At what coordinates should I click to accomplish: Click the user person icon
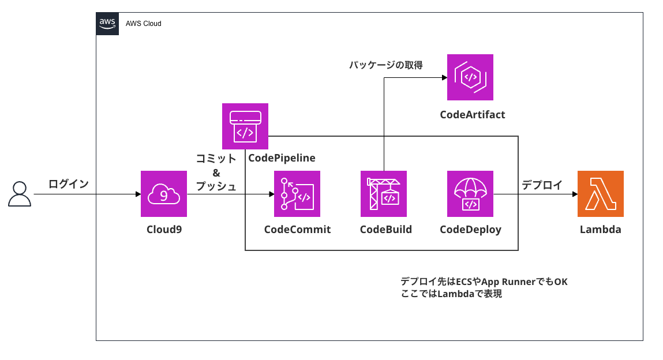[x=19, y=194]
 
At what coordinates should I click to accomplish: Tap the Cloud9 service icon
[x=164, y=194]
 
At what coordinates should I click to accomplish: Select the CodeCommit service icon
[x=297, y=194]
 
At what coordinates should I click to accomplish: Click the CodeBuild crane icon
[x=383, y=194]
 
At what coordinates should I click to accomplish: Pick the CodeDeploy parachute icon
[x=470, y=194]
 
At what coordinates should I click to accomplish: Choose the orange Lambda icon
[x=600, y=194]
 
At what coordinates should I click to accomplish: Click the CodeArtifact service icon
[x=470, y=77]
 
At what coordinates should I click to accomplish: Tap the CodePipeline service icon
[x=245, y=126]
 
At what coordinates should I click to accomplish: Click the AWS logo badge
[x=107, y=24]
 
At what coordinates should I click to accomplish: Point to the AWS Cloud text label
[x=144, y=24]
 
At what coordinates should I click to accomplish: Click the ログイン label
[x=69, y=184]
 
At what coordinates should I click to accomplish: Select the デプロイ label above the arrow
[x=542, y=185]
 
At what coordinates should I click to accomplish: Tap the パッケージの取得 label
[x=385, y=65]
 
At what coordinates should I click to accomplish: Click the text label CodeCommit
[x=297, y=230]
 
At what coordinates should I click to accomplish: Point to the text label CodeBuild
[x=385, y=230]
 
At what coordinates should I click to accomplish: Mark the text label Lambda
[x=600, y=230]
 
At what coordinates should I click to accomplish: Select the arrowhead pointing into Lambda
[x=574, y=194]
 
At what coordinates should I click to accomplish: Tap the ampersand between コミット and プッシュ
[x=216, y=172]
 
